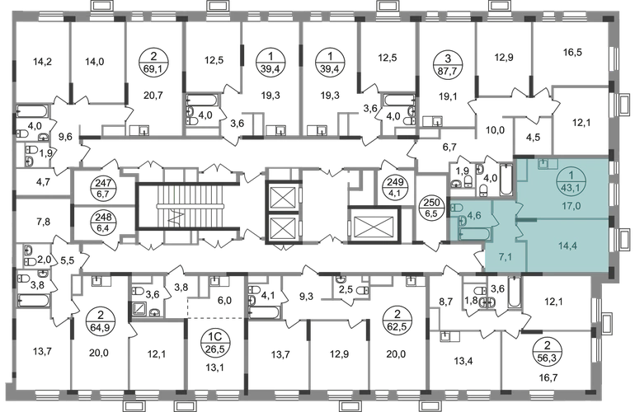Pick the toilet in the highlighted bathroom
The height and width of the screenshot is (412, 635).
point(463,221)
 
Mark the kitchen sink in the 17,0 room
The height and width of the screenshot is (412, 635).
point(548,163)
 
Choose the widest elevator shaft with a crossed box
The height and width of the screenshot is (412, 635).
point(374,222)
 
